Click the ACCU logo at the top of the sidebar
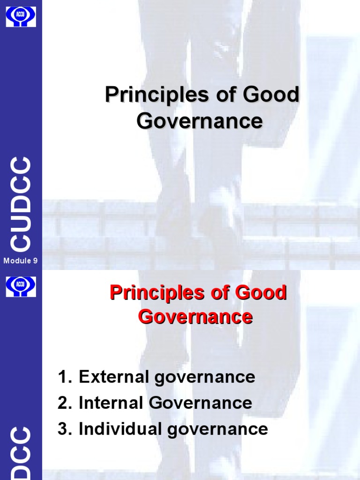[21, 16]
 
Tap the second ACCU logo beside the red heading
[21, 286]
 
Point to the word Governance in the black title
[200, 121]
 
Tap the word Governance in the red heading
[195, 317]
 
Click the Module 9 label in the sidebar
[21, 261]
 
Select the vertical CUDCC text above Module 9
[22, 204]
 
